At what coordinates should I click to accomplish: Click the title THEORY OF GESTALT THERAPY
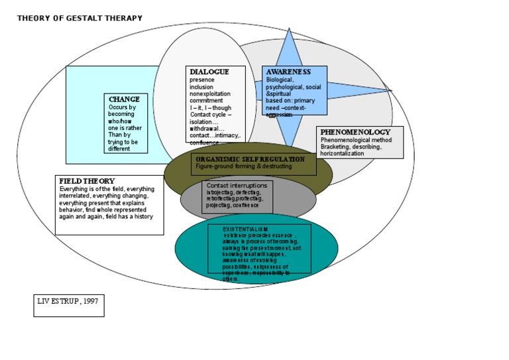click(x=80, y=18)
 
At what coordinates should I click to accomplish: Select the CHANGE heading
click(x=125, y=99)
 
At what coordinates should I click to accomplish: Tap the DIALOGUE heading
click(x=209, y=72)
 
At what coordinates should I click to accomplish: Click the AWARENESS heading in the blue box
click(x=288, y=72)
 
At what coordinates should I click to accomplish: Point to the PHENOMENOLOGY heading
click(x=355, y=132)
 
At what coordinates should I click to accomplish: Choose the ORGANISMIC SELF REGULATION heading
click(x=251, y=159)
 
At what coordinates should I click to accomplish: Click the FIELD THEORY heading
click(x=87, y=181)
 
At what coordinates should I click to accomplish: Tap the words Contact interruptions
click(x=237, y=186)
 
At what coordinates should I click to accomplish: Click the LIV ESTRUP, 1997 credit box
click(x=69, y=305)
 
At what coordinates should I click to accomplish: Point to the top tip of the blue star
click(x=289, y=29)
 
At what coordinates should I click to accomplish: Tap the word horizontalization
click(x=343, y=153)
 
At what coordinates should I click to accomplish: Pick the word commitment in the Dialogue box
click(x=205, y=101)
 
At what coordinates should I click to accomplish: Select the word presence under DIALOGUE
click(x=202, y=80)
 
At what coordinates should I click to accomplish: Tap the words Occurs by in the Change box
click(x=123, y=107)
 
